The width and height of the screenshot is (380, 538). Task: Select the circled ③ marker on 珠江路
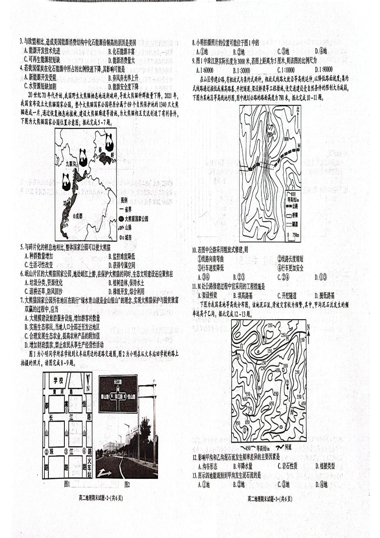point(66,452)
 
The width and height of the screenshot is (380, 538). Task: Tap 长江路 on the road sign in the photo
point(117,383)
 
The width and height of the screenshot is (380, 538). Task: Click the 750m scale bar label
point(295,235)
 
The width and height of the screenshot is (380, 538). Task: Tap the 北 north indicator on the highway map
point(298,109)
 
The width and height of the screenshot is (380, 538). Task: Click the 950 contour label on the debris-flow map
point(238,423)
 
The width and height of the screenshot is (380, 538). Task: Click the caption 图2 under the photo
point(127,484)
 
